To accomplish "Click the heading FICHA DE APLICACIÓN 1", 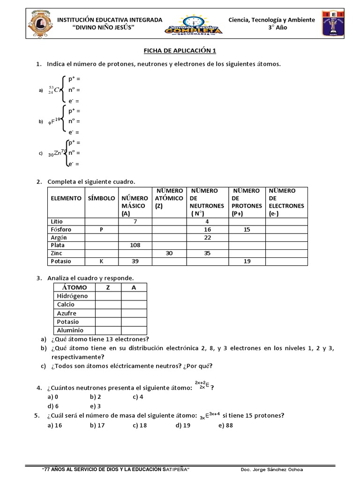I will pyautogui.click(x=180, y=51).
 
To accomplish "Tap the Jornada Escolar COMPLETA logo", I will pyautogui.click(x=194, y=24).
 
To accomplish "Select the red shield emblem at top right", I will pyautogui.click(x=333, y=24).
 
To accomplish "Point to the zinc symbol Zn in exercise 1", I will pyautogui.click(x=57, y=153).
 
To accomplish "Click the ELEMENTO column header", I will pyautogui.click(x=66, y=198).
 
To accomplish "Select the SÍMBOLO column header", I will pyautogui.click(x=101, y=198).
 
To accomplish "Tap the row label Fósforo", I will pyautogui.click(x=61, y=230).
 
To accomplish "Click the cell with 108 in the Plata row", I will pyautogui.click(x=135, y=245).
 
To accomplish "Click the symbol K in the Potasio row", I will pyautogui.click(x=101, y=261).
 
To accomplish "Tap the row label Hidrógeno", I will pyautogui.click(x=72, y=296).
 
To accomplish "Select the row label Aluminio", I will pyautogui.click(x=71, y=330).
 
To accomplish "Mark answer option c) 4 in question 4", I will pyautogui.click(x=138, y=397).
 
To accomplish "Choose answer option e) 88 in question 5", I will pyautogui.click(x=225, y=425).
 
